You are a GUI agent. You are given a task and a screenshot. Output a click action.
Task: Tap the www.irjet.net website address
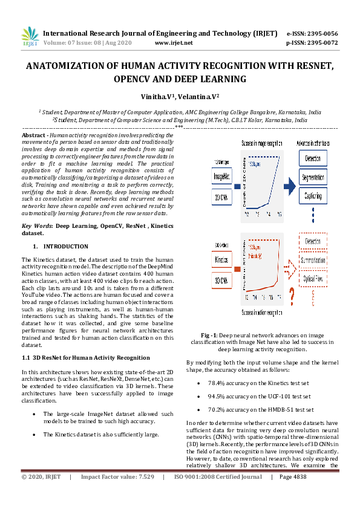(174, 43)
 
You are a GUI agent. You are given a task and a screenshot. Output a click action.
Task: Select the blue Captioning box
(314, 196)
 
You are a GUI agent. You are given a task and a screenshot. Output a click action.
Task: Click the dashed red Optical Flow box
(313, 280)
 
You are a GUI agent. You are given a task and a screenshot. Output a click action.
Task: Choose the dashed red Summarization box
(313, 261)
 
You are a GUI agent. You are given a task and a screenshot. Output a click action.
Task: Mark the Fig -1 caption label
(211, 335)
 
